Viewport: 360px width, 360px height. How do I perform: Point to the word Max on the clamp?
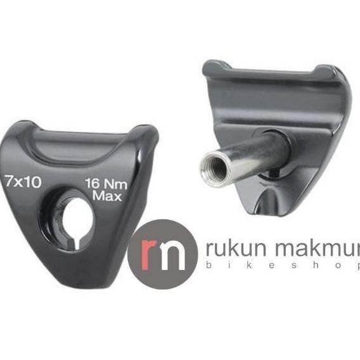[x=106, y=196]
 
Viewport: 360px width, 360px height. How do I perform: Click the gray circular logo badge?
[x=162, y=254]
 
